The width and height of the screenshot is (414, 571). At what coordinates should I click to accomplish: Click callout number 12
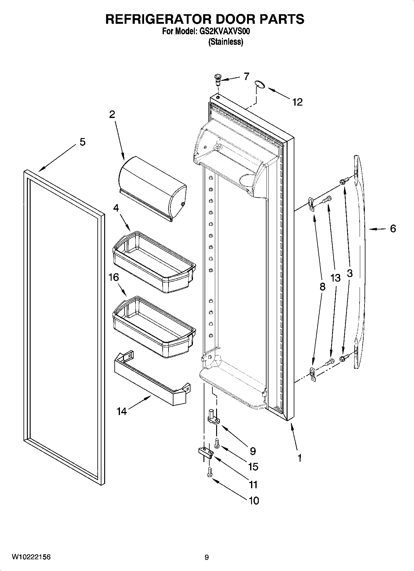pyautogui.click(x=297, y=102)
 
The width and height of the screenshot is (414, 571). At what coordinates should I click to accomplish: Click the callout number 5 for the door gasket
pyautogui.click(x=82, y=142)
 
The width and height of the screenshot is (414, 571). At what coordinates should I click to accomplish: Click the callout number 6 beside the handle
pyautogui.click(x=393, y=229)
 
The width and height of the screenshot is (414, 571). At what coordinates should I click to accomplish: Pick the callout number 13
pyautogui.click(x=335, y=278)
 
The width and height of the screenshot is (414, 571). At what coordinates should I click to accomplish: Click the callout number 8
pyautogui.click(x=322, y=287)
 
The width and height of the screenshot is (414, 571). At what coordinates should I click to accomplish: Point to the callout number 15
pyautogui.click(x=253, y=467)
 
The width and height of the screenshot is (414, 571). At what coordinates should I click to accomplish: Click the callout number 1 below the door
pyautogui.click(x=299, y=458)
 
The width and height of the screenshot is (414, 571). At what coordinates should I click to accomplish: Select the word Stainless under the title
pyautogui.click(x=226, y=42)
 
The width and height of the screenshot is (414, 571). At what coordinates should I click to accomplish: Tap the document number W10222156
pyautogui.click(x=31, y=557)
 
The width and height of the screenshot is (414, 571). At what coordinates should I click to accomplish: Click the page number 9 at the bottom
pyautogui.click(x=207, y=557)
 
